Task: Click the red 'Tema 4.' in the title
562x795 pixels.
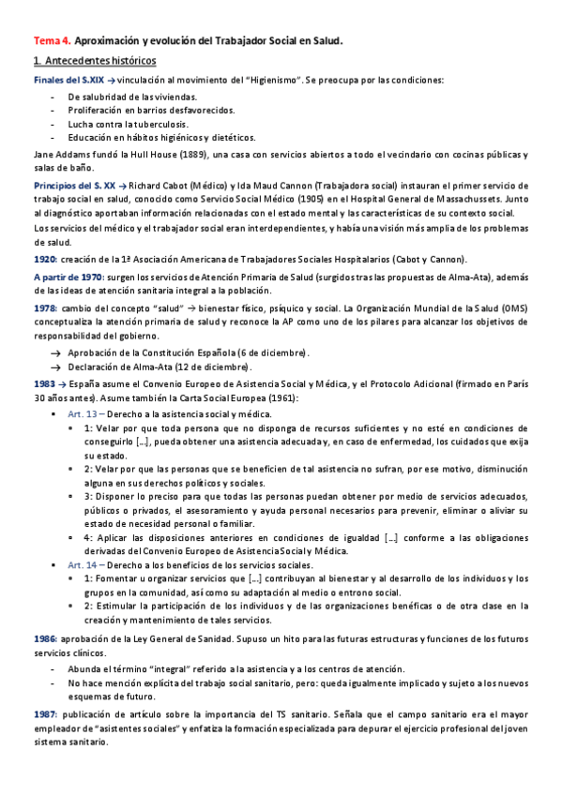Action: coord(52,41)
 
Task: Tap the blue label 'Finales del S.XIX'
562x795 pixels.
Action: coord(68,80)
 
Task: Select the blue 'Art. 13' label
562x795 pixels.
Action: coord(84,413)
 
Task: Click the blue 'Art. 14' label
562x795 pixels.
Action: coord(84,566)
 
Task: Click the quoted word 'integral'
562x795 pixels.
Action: coord(169,667)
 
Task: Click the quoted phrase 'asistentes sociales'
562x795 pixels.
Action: coord(129,727)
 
